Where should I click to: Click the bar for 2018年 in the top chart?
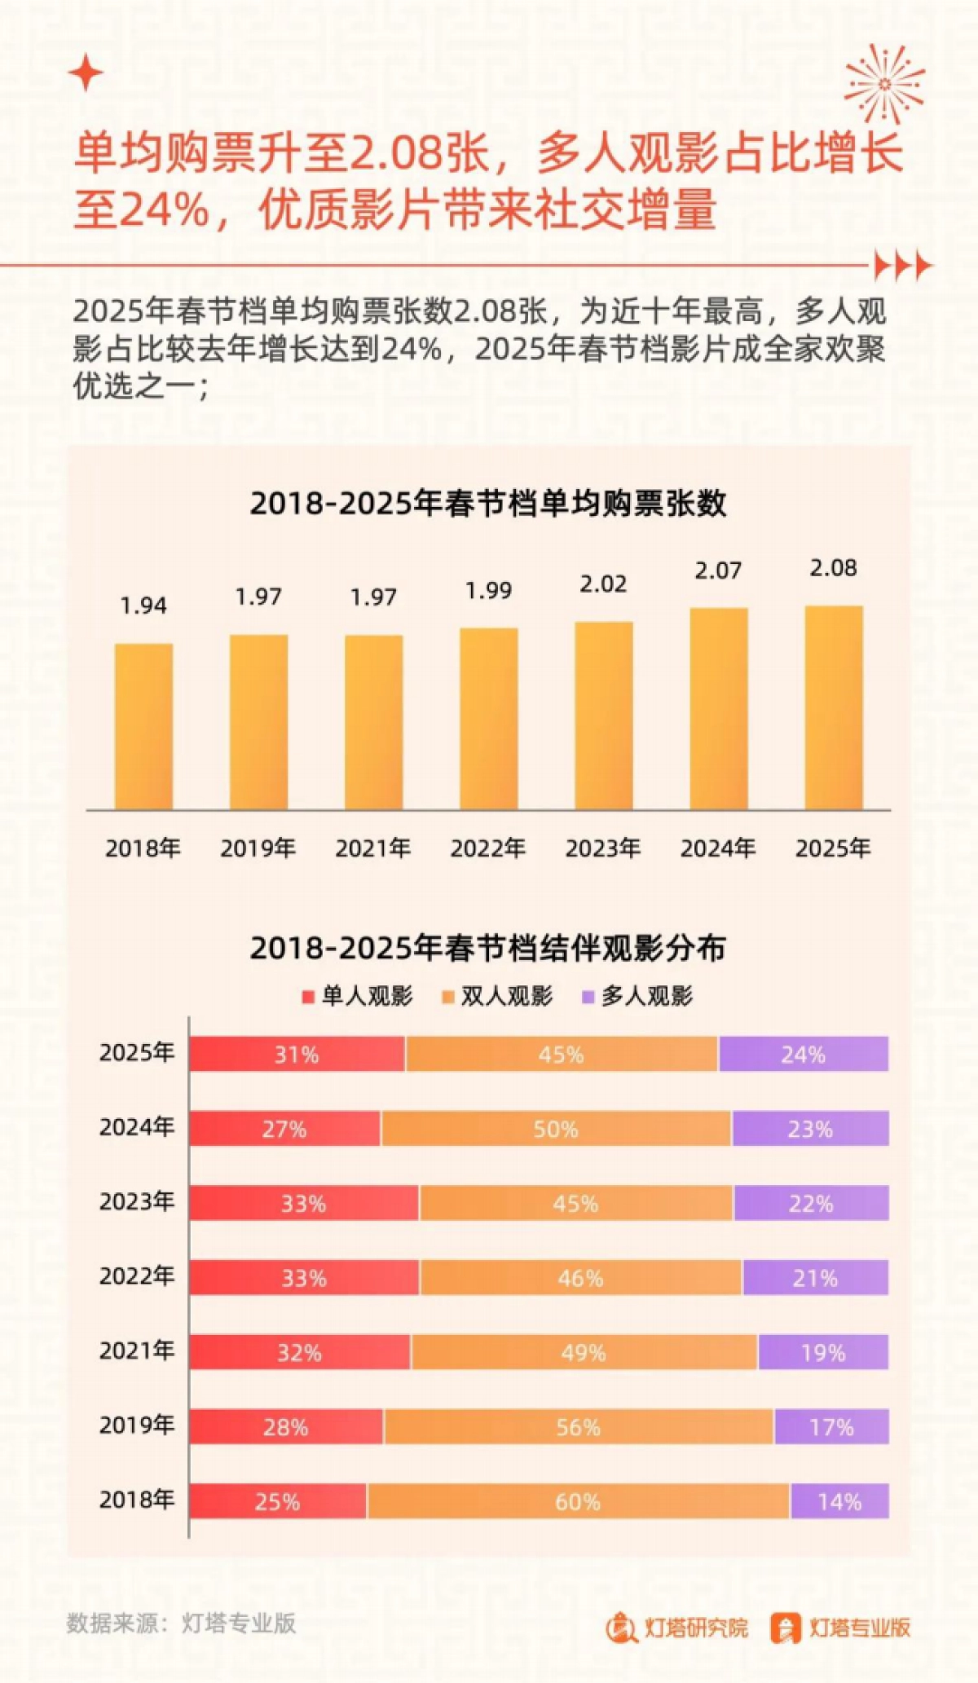[143, 726]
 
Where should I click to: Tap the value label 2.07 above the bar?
[718, 571]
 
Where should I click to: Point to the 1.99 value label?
[488, 591]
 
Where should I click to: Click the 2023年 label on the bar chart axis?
[603, 848]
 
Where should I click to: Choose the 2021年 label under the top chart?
[373, 848]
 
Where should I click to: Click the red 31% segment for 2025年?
[297, 1054]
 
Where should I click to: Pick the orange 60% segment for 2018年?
[578, 1501]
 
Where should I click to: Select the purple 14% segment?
[839, 1501]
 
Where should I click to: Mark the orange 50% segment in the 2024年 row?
[556, 1129]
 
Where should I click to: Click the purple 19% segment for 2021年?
[822, 1353]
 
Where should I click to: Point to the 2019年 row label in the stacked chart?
[137, 1425]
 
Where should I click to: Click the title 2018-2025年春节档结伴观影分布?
[487, 948]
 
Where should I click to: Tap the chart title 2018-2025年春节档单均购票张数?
[487, 504]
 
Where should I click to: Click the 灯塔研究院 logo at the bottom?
[676, 1628]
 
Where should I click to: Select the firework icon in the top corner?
[884, 84]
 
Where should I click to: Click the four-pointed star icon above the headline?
[86, 74]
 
